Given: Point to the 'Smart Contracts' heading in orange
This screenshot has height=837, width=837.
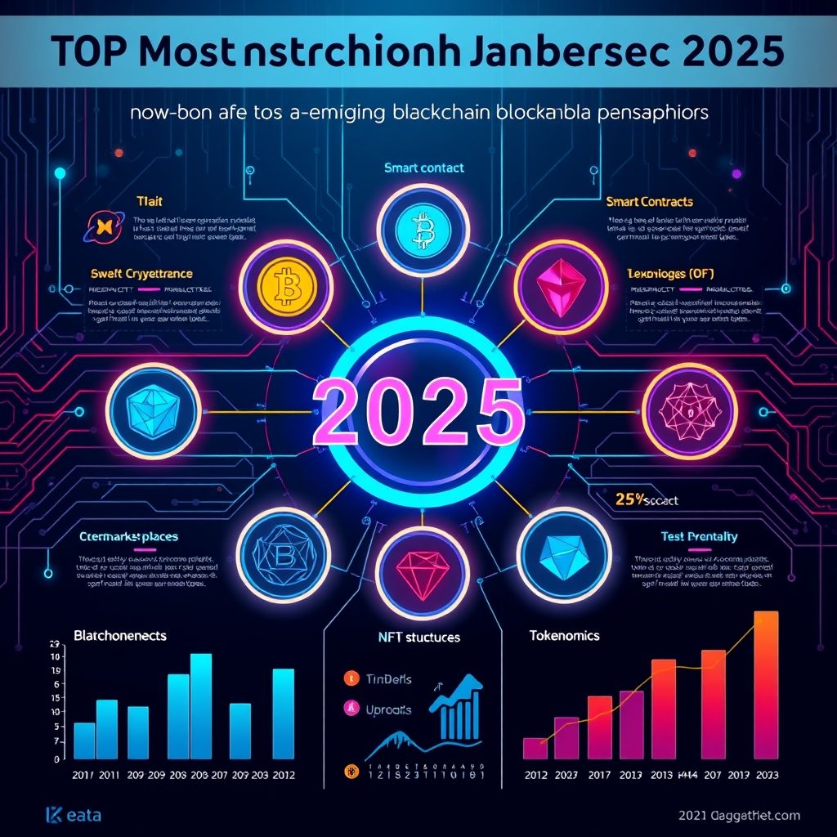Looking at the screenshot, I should click(x=650, y=201).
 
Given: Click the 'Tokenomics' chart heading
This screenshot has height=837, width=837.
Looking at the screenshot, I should click(x=564, y=635).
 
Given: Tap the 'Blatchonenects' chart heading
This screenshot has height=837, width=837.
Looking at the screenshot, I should click(x=119, y=634).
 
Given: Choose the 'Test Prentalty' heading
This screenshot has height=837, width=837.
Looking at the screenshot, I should click(x=698, y=537).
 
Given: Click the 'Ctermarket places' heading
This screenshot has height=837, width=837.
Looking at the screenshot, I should click(x=129, y=537).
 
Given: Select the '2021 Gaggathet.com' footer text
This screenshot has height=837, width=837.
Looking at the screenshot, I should click(x=739, y=815).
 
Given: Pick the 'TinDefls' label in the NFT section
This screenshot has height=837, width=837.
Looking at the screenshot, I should click(x=388, y=678).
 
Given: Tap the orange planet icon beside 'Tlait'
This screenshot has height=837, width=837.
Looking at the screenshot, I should click(x=101, y=224).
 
